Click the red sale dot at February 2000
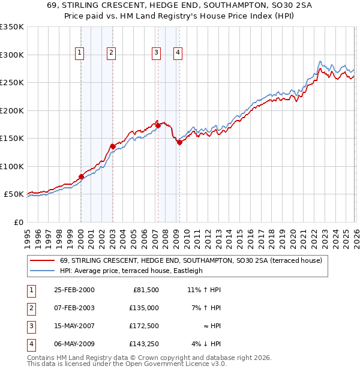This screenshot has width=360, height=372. tap(81, 176)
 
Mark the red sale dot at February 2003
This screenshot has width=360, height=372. tap(112, 146)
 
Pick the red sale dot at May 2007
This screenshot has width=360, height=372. tap(158, 125)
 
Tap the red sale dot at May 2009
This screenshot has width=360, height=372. tap(179, 142)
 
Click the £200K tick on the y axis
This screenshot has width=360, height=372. tap(12, 110)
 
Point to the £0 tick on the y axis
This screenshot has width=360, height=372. tap(18, 222)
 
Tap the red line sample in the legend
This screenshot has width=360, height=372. tap(43, 260)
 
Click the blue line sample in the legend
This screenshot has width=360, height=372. tap(43, 271)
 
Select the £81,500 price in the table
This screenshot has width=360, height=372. tap(146, 290)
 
